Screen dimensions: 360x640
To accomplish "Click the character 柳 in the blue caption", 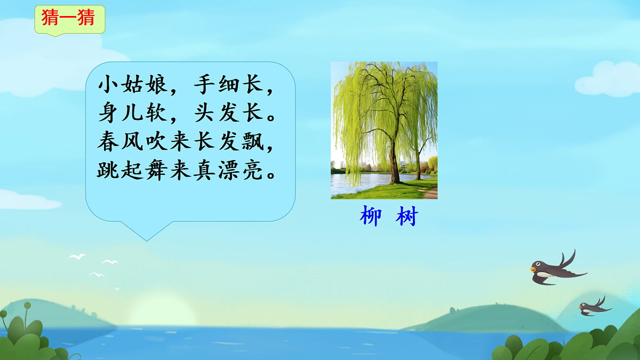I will [371, 217].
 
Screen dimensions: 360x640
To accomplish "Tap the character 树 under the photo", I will [407, 217].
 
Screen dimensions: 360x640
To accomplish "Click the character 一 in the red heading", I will [70, 18].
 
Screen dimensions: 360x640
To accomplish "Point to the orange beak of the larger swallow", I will [533, 269].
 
